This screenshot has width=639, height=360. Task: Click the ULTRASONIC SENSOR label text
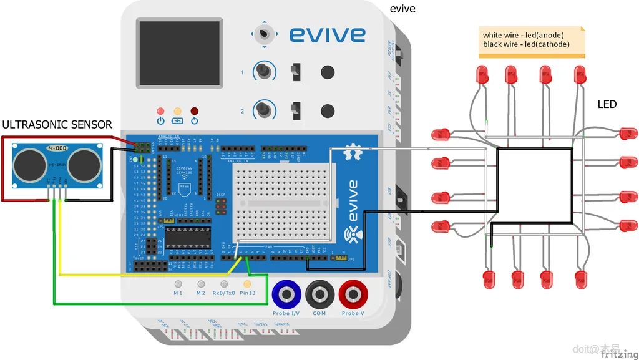point(57,125)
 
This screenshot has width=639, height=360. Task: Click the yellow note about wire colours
point(532,41)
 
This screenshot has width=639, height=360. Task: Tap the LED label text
point(607,104)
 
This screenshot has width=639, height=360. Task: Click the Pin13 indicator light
point(247,284)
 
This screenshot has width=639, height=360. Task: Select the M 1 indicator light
point(178,284)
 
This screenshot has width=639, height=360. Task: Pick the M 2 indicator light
point(201,284)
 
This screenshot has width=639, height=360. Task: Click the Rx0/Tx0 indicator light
point(224,284)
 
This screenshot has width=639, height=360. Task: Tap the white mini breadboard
point(283,200)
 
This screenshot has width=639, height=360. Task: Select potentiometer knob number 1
point(265,72)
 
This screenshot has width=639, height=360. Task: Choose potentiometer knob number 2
point(265,111)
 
